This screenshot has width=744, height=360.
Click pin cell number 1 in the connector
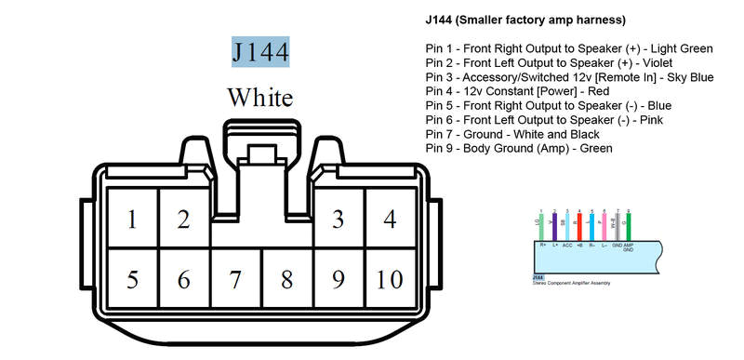point(132,220)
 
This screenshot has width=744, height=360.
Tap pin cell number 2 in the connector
point(184,220)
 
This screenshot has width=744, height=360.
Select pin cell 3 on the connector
point(339,220)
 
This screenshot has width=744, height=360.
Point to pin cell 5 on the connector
point(132,279)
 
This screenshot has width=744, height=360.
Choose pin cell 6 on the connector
point(184,279)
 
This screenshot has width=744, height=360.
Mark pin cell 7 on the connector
point(235,279)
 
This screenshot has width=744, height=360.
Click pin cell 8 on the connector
point(287,279)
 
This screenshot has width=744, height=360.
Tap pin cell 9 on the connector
point(339,279)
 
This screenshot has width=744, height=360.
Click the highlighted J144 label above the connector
point(260,51)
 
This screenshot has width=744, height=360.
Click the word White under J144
point(260,97)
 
